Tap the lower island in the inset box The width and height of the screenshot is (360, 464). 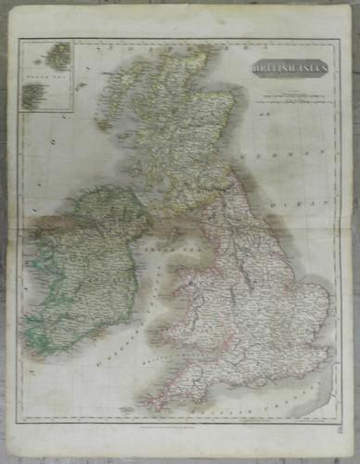33,93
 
